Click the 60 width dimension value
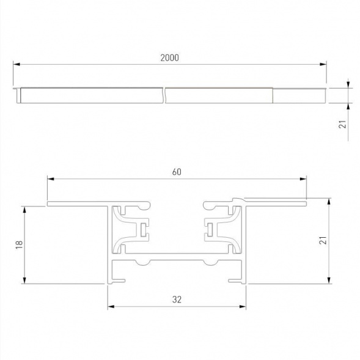(x=177, y=172)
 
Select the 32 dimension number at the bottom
(x=177, y=299)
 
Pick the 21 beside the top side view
(x=343, y=124)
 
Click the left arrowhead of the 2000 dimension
(x=16, y=64)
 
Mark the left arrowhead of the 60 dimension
(x=50, y=179)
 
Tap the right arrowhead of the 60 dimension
(x=304, y=179)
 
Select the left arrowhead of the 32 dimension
(x=111, y=306)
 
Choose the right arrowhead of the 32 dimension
(x=244, y=306)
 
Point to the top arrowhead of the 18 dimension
(x=24, y=208)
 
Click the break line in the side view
(x=166, y=95)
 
